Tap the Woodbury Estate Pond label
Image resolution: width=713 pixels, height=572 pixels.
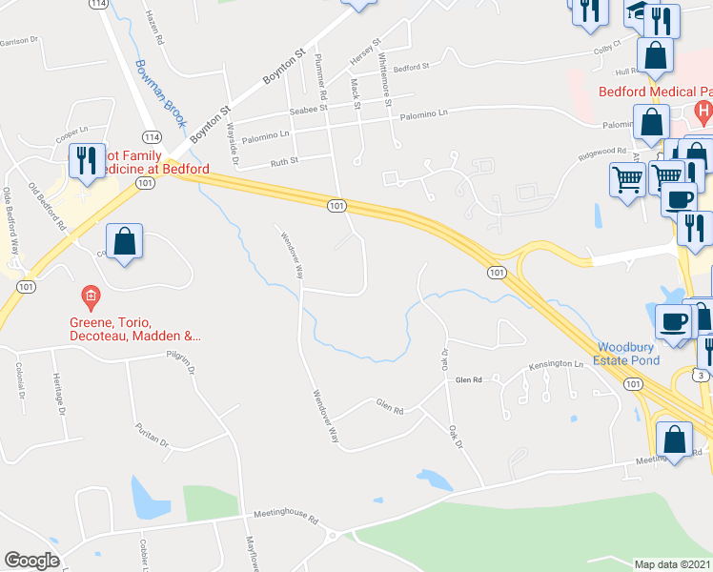(x=635, y=355)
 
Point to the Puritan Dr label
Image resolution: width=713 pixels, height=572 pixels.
(x=152, y=436)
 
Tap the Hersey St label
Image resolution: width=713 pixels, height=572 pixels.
(x=365, y=51)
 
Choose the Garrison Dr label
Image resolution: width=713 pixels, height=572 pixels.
(x=19, y=41)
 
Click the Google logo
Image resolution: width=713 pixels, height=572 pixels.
(x=31, y=561)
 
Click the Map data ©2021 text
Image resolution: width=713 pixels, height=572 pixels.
(x=673, y=563)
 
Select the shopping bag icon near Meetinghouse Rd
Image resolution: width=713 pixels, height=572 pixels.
(x=674, y=439)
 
